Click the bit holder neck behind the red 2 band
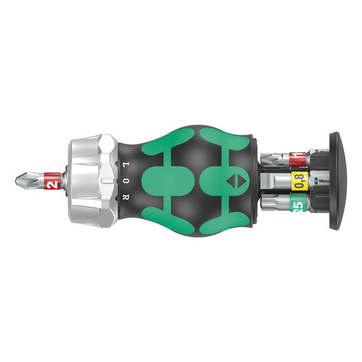tap(66, 180)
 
